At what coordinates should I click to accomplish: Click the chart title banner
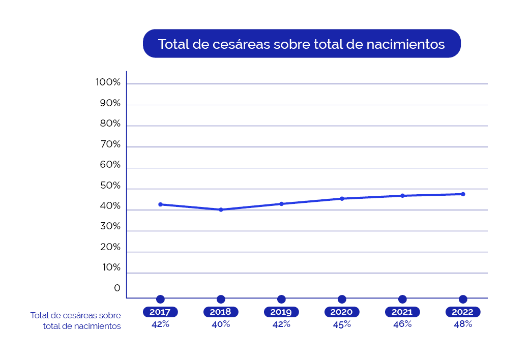click(x=302, y=44)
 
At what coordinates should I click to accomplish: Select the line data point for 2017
click(x=160, y=204)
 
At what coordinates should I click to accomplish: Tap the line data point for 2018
click(x=221, y=209)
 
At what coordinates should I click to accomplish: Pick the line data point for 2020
click(x=342, y=198)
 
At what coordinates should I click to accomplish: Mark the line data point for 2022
click(x=463, y=194)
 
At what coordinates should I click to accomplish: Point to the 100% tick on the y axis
click(x=108, y=82)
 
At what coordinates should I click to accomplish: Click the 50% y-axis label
click(x=109, y=186)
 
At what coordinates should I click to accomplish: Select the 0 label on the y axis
click(x=117, y=288)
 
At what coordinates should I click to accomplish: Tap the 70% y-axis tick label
click(x=109, y=144)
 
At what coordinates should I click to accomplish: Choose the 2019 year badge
click(x=281, y=312)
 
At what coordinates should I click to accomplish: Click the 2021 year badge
click(x=402, y=312)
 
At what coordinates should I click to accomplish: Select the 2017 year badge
click(x=160, y=312)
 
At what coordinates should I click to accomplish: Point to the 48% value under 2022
click(x=463, y=324)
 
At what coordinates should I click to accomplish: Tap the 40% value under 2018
click(x=221, y=324)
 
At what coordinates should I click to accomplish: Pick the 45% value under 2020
click(x=342, y=324)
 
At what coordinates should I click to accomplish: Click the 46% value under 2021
click(x=402, y=324)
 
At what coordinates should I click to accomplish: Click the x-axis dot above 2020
click(x=342, y=299)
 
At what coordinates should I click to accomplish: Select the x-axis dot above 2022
click(x=463, y=299)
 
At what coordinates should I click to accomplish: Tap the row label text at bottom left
click(x=76, y=321)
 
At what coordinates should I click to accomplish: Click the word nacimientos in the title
click(x=405, y=44)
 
